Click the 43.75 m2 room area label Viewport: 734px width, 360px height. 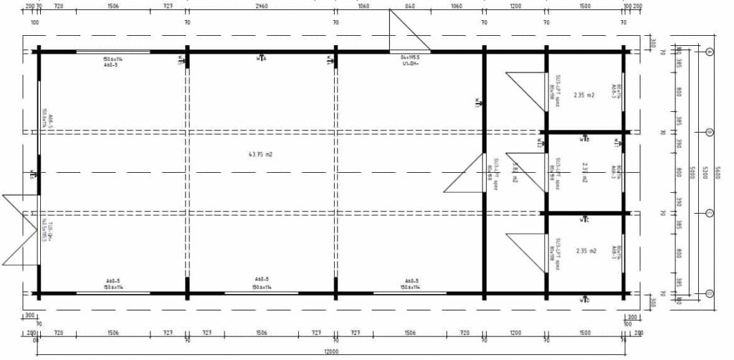click(259, 154)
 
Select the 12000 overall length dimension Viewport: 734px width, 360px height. click(331, 351)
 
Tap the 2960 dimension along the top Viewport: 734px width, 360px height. click(261, 6)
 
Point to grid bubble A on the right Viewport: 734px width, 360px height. click(710, 52)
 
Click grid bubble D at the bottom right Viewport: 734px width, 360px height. click(710, 293)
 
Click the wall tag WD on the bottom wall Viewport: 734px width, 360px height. click(585, 300)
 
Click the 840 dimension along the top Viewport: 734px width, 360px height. click(410, 6)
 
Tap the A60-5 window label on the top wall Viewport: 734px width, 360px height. click(112, 63)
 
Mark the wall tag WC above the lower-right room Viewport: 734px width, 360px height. click(585, 219)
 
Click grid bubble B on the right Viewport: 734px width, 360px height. click(710, 133)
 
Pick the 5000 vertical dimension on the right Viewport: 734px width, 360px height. click(692, 173)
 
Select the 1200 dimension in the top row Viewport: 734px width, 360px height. click(515, 6)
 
